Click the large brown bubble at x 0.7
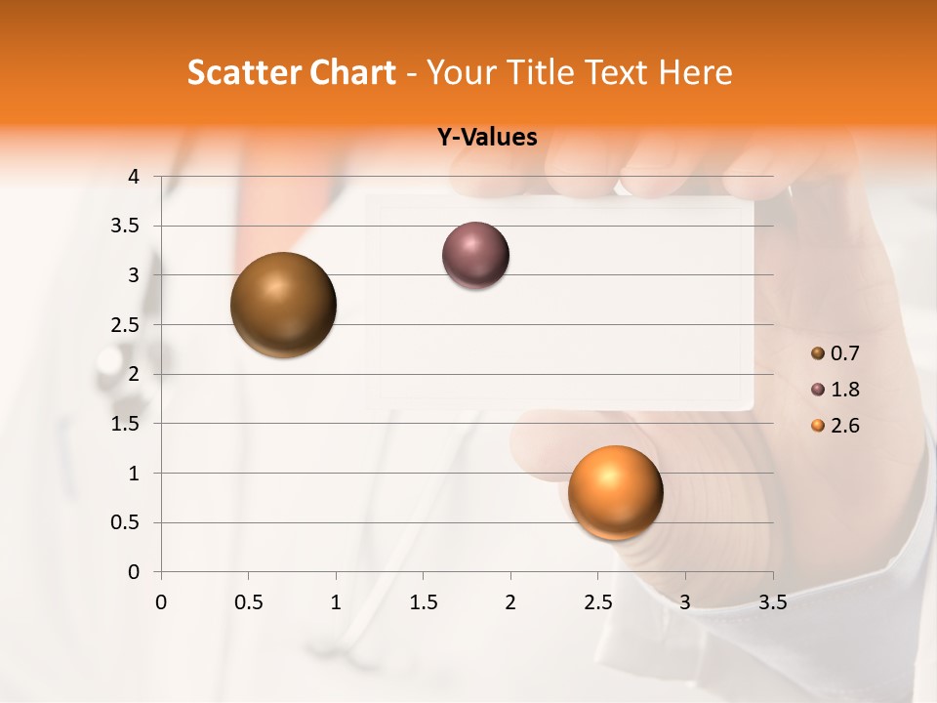[283, 305]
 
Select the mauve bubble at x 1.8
[475, 256]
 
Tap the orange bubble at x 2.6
[615, 492]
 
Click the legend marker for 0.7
[818, 353]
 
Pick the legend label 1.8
[845, 390]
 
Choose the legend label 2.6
[845, 426]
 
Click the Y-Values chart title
[487, 138]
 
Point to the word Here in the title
[696, 72]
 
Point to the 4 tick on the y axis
[135, 177]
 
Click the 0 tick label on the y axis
[135, 572]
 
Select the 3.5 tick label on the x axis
[772, 602]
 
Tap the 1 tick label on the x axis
[336, 602]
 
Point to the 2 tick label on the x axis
[510, 602]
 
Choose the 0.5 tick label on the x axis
[248, 602]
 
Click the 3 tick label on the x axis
[685, 602]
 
